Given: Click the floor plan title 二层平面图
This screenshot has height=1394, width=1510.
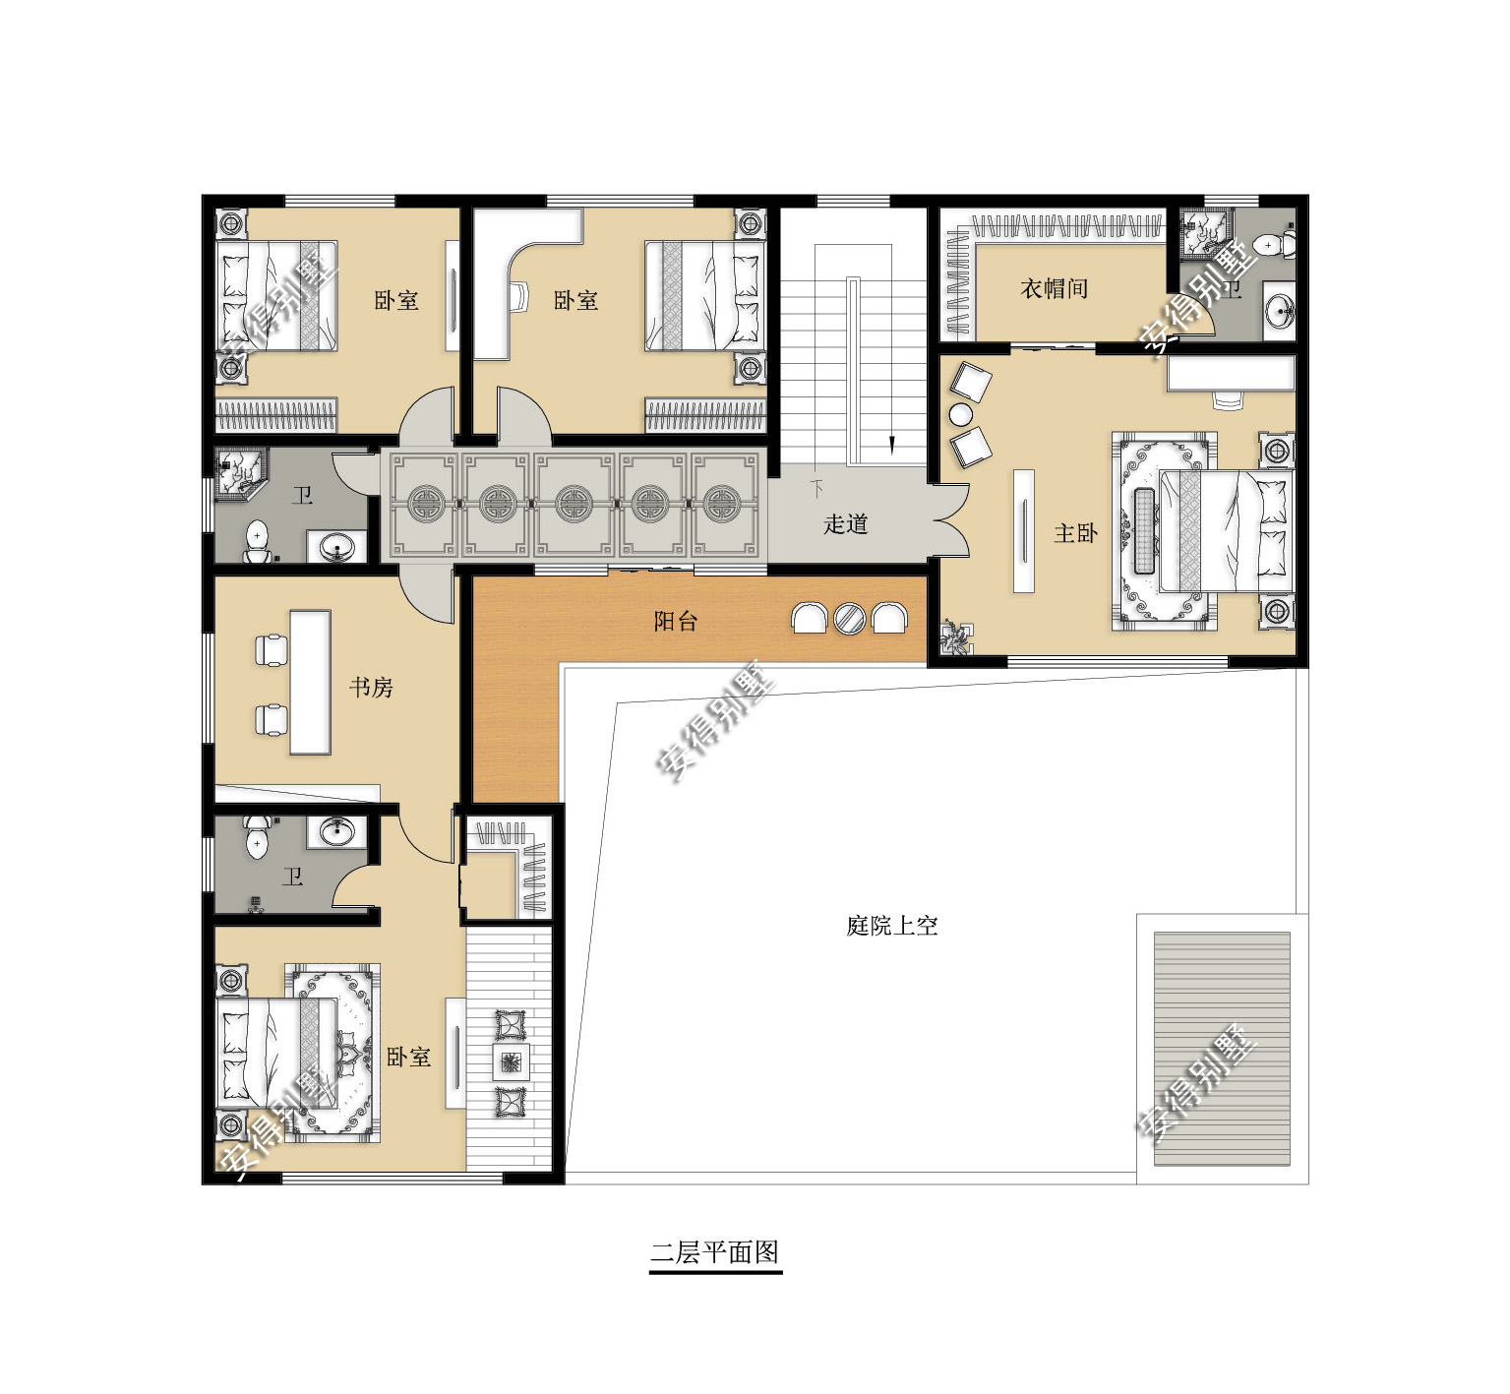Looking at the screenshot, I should (x=715, y=1252).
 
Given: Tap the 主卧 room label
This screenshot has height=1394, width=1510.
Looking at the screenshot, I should (x=1074, y=533).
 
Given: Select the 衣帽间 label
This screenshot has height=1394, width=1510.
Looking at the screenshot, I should (x=1054, y=288).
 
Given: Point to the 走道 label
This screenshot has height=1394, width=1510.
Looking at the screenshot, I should (x=845, y=523).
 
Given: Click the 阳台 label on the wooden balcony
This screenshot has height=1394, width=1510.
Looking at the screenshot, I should (x=675, y=621).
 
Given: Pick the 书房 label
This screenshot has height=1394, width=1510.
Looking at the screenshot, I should (x=371, y=687).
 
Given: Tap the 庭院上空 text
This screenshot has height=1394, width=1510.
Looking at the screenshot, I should (x=891, y=925).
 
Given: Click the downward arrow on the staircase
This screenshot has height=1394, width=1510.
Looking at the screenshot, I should (x=891, y=445).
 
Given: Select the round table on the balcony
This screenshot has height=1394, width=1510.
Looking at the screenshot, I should (x=849, y=618).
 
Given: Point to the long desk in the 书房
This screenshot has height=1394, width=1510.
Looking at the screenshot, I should (x=310, y=682).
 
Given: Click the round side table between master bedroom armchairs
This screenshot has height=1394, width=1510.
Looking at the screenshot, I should (x=960, y=414).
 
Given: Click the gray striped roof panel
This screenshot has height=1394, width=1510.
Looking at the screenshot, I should (x=1221, y=1048).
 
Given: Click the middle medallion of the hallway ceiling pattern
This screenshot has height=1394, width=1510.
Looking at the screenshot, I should (x=573, y=504).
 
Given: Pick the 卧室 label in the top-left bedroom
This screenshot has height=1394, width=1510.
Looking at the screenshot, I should (x=395, y=300).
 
